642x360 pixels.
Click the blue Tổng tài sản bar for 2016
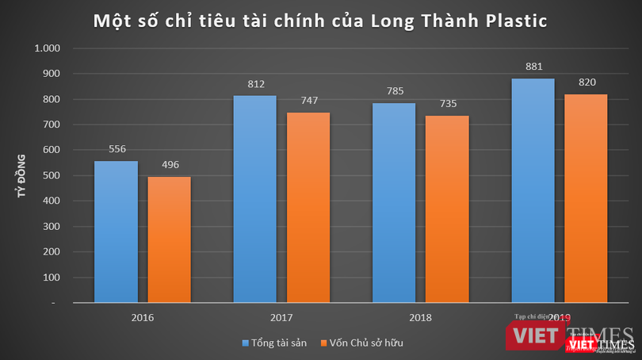pyautogui.click(x=116, y=232)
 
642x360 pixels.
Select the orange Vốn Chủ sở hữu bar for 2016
pyautogui.click(x=170, y=239)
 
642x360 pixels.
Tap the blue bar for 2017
pyautogui.click(x=254, y=199)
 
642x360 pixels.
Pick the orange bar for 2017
pyautogui.click(x=308, y=207)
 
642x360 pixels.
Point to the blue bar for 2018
pyautogui.click(x=393, y=202)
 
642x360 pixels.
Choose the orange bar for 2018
pyautogui.click(x=447, y=209)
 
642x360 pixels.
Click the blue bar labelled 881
pyautogui.click(x=533, y=190)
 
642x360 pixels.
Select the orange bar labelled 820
pyautogui.click(x=586, y=198)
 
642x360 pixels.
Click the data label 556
pyautogui.click(x=117, y=149)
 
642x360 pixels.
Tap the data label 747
pyautogui.click(x=308, y=101)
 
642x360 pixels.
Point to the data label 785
pyautogui.click(x=394, y=90)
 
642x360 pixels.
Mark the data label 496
pyautogui.click(x=170, y=165)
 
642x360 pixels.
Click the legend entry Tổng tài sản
pyautogui.click(x=280, y=343)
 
